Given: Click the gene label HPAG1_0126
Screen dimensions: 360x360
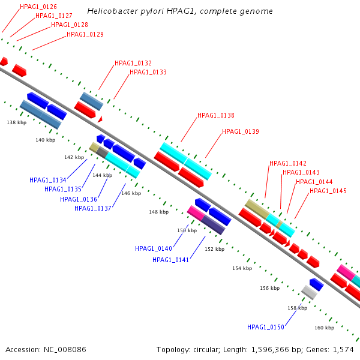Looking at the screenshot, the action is (38, 7).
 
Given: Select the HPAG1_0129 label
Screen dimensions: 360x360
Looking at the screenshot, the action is (85, 34).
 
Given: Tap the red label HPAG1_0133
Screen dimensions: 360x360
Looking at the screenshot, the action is (148, 72).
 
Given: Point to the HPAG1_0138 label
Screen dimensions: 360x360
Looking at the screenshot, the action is (216, 115).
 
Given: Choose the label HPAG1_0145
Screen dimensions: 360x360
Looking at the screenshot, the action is (328, 191).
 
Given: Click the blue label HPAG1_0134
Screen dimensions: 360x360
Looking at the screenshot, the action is (48, 180).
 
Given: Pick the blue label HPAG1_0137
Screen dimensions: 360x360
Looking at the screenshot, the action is (93, 208).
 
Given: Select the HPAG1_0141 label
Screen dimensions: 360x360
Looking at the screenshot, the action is (170, 260).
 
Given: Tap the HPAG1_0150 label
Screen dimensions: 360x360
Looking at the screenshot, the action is (266, 327).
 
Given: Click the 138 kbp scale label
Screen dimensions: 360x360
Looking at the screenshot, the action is (17, 122).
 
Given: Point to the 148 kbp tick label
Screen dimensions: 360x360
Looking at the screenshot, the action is (158, 212).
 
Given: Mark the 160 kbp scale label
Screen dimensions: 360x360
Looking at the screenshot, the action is (324, 328).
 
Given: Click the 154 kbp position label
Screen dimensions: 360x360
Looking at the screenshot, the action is (242, 268).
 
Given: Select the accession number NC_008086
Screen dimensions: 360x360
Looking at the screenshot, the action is (65, 349).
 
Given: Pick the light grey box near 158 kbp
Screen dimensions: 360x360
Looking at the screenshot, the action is (309, 292).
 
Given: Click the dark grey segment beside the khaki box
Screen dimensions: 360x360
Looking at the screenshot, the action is (102, 152).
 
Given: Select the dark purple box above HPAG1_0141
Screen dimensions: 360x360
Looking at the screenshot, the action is (213, 225).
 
